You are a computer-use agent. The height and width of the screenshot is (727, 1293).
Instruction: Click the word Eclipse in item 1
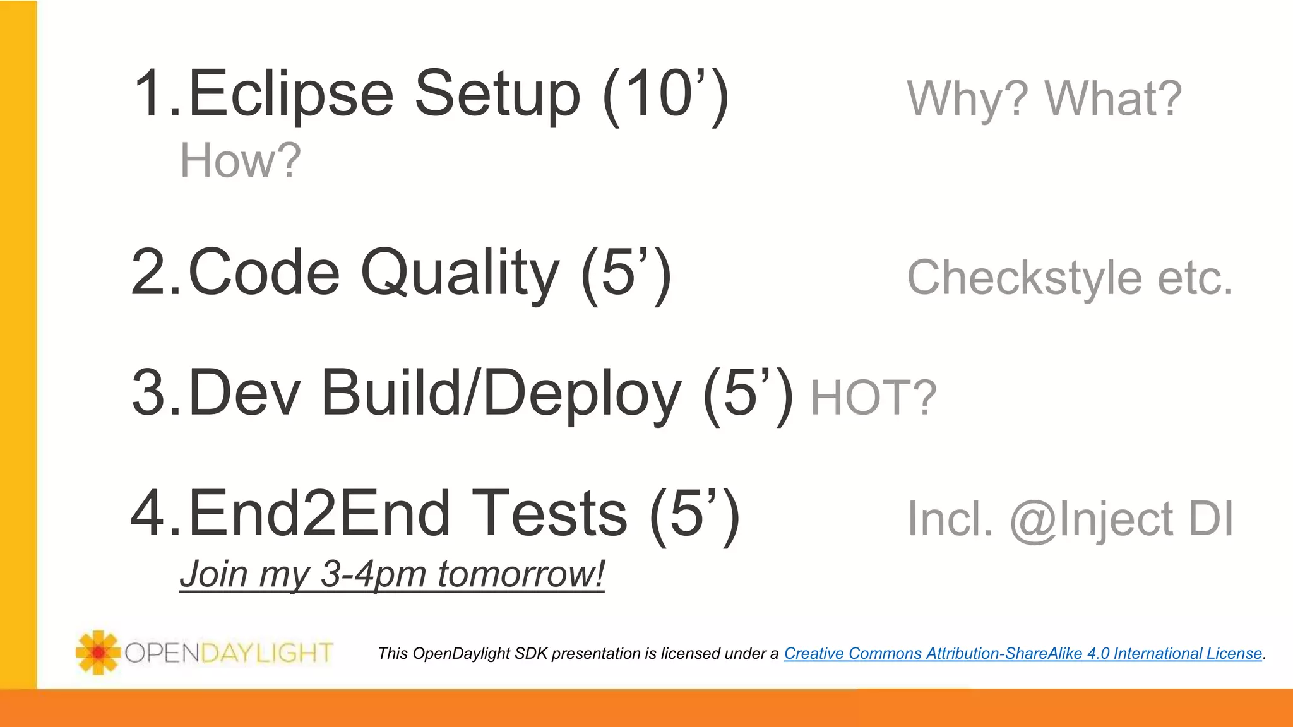click(290, 95)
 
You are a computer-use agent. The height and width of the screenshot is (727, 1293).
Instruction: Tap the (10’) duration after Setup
click(666, 95)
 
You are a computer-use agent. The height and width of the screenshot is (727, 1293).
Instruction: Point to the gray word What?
click(1113, 100)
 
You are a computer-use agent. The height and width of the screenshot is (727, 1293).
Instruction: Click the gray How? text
click(241, 161)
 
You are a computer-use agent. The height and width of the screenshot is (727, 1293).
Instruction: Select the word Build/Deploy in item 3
click(501, 393)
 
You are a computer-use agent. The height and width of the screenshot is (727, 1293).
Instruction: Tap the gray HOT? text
click(873, 398)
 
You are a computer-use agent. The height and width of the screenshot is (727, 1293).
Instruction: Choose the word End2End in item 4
click(319, 514)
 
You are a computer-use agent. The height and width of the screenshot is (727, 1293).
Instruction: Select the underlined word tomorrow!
click(521, 574)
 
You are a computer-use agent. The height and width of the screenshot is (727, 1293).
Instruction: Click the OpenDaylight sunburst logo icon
click(98, 652)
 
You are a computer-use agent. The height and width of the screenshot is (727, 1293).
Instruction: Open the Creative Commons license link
click(1023, 654)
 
